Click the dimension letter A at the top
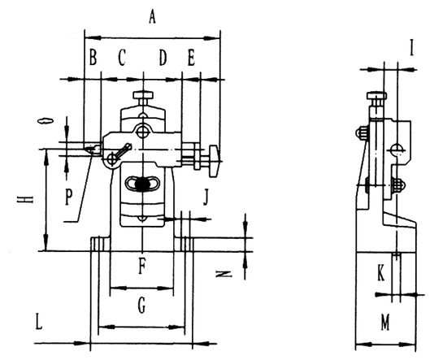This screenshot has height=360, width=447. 153,16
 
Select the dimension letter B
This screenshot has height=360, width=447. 93,57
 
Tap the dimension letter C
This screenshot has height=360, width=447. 122,58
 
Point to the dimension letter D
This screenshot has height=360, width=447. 163,58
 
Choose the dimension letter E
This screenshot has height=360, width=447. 191,58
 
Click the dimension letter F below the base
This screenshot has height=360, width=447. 142,266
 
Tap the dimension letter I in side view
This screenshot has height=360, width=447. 411,48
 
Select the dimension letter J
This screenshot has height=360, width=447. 206,197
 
